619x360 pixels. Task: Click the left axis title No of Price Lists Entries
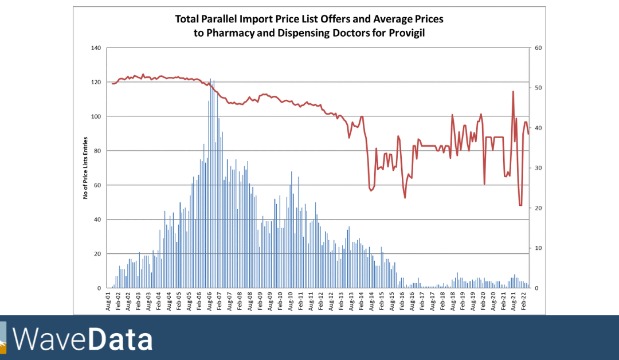click(x=85, y=168)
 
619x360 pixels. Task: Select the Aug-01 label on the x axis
click(x=108, y=301)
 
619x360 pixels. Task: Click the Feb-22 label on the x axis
click(x=523, y=301)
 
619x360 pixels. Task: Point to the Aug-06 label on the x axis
click(x=209, y=301)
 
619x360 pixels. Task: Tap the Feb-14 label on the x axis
click(x=362, y=301)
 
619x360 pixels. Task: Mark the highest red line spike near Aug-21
click(x=513, y=92)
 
